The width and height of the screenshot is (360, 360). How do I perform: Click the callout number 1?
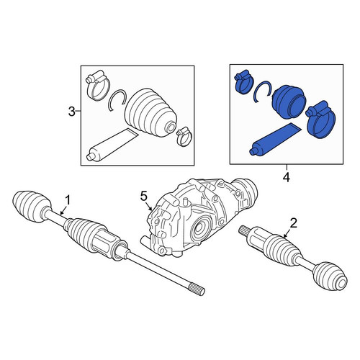[68, 200]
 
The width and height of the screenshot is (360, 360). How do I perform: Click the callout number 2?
[294, 223]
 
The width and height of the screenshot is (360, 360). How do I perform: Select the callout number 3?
[72, 112]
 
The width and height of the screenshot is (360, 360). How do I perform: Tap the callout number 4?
[287, 177]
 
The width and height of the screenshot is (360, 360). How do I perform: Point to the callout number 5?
[143, 197]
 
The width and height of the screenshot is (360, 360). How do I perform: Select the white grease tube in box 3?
[112, 145]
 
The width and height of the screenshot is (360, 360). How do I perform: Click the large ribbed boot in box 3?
[150, 112]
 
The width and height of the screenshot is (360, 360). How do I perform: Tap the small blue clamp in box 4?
[243, 82]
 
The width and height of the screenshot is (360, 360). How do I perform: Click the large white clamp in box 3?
[98, 86]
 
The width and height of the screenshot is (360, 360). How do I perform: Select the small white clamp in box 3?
[184, 136]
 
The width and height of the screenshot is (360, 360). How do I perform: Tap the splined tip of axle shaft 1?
[198, 289]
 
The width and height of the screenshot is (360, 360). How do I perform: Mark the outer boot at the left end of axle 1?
[31, 207]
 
